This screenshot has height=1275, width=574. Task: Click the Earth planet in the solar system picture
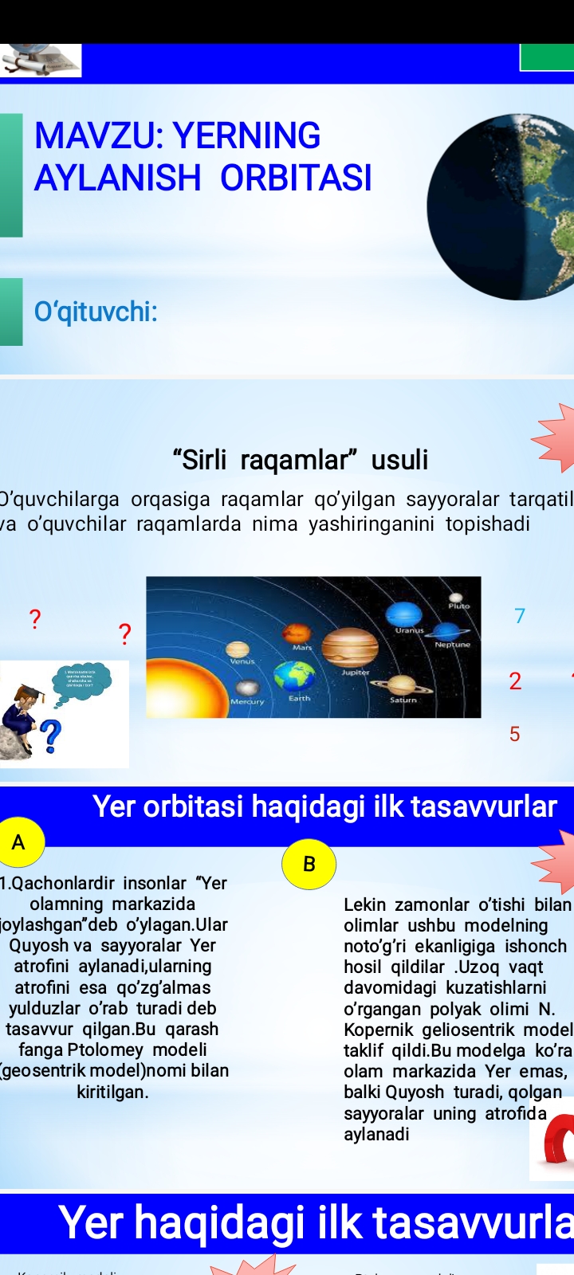point(294,676)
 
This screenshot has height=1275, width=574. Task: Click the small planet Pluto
point(456,597)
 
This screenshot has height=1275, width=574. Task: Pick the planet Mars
point(297,634)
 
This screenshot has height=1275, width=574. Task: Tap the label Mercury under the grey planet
point(247,702)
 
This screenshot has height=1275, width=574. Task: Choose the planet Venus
point(238,649)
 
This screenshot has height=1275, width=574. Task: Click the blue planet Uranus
point(403,614)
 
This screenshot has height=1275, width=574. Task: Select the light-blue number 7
point(520,616)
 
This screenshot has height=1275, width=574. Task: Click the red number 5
point(515,734)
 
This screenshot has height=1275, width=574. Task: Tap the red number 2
point(515,681)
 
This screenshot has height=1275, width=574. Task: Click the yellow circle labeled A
point(18,842)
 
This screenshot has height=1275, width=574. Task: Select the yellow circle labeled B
point(309,864)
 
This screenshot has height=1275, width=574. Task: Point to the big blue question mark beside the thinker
point(51,736)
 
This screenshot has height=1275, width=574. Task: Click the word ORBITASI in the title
point(296,178)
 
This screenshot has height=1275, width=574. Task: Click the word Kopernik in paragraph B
point(378,1030)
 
